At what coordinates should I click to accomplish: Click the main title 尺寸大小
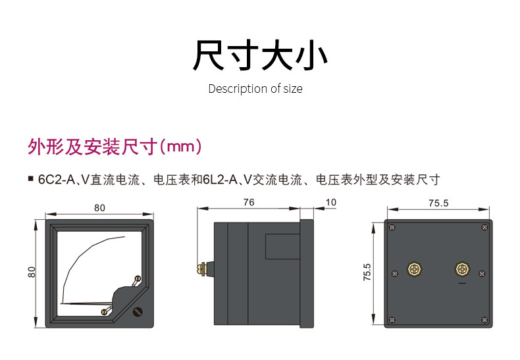[x=260, y=55]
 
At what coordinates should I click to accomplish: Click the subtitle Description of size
[x=255, y=89]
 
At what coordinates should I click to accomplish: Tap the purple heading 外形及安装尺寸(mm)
[x=115, y=147]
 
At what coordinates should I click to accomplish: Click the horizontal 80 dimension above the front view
[x=99, y=208]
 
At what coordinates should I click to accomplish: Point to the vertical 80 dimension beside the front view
[x=32, y=272]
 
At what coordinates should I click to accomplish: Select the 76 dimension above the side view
[x=249, y=202]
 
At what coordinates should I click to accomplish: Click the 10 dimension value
[x=331, y=202]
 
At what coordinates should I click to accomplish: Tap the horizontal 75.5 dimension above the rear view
[x=438, y=203]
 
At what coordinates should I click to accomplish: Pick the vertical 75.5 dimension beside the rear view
[x=367, y=272]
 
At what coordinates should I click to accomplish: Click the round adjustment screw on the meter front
[x=138, y=311]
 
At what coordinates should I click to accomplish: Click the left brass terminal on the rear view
[x=414, y=269]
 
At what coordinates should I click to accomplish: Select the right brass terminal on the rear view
[x=462, y=269]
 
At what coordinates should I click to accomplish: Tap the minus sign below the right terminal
[x=462, y=284]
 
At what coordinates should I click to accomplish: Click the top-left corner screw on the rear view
[x=392, y=227]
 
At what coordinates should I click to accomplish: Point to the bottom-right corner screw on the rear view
[x=484, y=320]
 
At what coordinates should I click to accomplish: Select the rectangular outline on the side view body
[x=282, y=246]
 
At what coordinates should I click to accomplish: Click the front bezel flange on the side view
[x=307, y=274]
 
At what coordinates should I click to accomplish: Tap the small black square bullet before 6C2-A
[x=31, y=179]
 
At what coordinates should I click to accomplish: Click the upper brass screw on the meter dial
[x=137, y=279]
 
